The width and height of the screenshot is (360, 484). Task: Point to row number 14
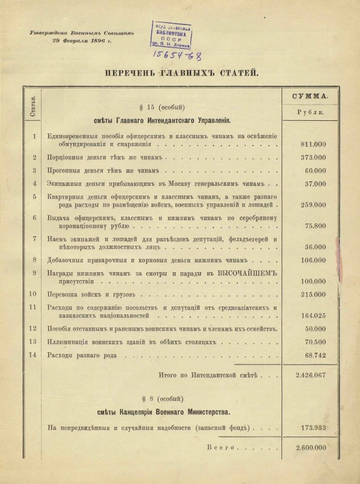pos(32,355)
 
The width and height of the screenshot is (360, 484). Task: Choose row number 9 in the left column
pos(32,273)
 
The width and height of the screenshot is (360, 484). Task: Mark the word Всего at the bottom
pos(218,448)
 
